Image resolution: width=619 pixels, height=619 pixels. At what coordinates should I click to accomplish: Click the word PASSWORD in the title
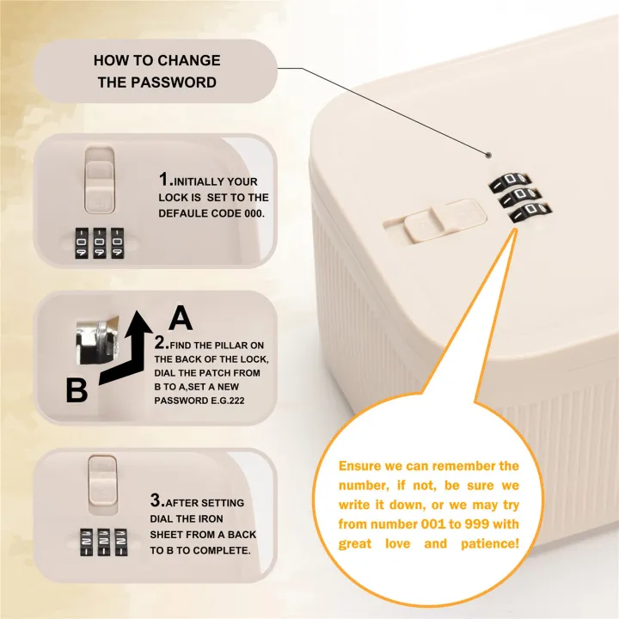pyautogui.click(x=174, y=83)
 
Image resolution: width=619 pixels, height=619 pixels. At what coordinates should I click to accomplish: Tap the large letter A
pyautogui.click(x=181, y=317)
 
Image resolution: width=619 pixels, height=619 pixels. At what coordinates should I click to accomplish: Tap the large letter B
pyautogui.click(x=77, y=390)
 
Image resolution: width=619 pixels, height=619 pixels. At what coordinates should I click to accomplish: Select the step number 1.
pyautogui.click(x=164, y=179)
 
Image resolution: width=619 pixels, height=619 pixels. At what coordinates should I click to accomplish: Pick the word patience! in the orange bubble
pyautogui.click(x=489, y=543)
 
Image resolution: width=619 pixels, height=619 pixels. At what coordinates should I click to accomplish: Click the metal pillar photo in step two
pyautogui.click(x=97, y=341)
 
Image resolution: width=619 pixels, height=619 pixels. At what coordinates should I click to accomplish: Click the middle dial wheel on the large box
pyautogui.click(x=519, y=195)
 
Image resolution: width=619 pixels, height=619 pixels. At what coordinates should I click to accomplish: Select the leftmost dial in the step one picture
pyautogui.click(x=82, y=243)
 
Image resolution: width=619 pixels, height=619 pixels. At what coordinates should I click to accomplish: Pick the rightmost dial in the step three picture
pyautogui.click(x=121, y=542)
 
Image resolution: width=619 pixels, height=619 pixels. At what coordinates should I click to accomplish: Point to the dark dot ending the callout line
pyautogui.click(x=488, y=155)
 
